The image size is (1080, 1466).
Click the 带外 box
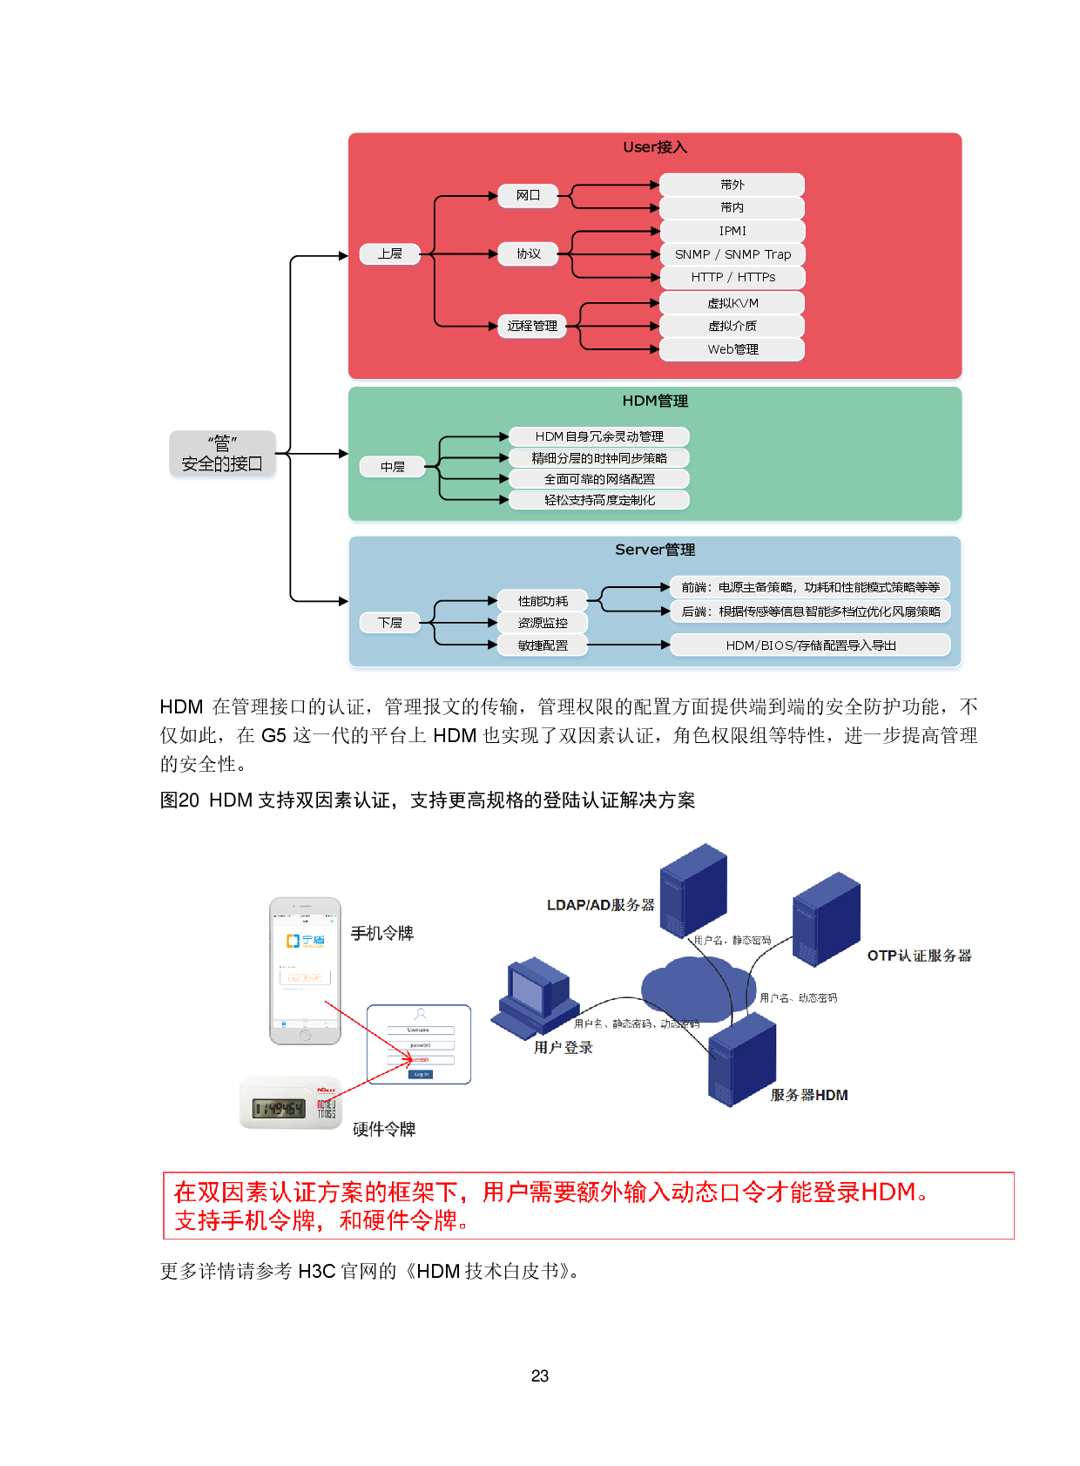[732, 185]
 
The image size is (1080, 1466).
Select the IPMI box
[732, 231]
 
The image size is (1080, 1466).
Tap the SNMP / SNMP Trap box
[732, 254]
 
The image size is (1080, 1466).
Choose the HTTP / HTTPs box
[732, 277]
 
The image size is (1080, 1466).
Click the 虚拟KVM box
[732, 303]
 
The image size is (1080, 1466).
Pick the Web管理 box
[732, 349]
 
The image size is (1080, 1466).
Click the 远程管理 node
[532, 326]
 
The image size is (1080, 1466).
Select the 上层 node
[390, 253]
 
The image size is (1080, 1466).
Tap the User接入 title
[655, 147]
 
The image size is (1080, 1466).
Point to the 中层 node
[392, 467]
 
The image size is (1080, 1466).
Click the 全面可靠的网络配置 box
[599, 479]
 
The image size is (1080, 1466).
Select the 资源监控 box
[543, 623]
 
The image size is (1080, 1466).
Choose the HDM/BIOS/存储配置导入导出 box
[810, 645]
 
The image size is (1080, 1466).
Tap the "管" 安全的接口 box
[222, 455]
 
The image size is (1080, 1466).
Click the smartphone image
[305, 970]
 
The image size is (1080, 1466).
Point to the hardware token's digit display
[279, 1109]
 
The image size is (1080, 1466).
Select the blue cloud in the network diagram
[697, 989]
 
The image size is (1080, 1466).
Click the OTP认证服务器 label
[919, 956]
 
